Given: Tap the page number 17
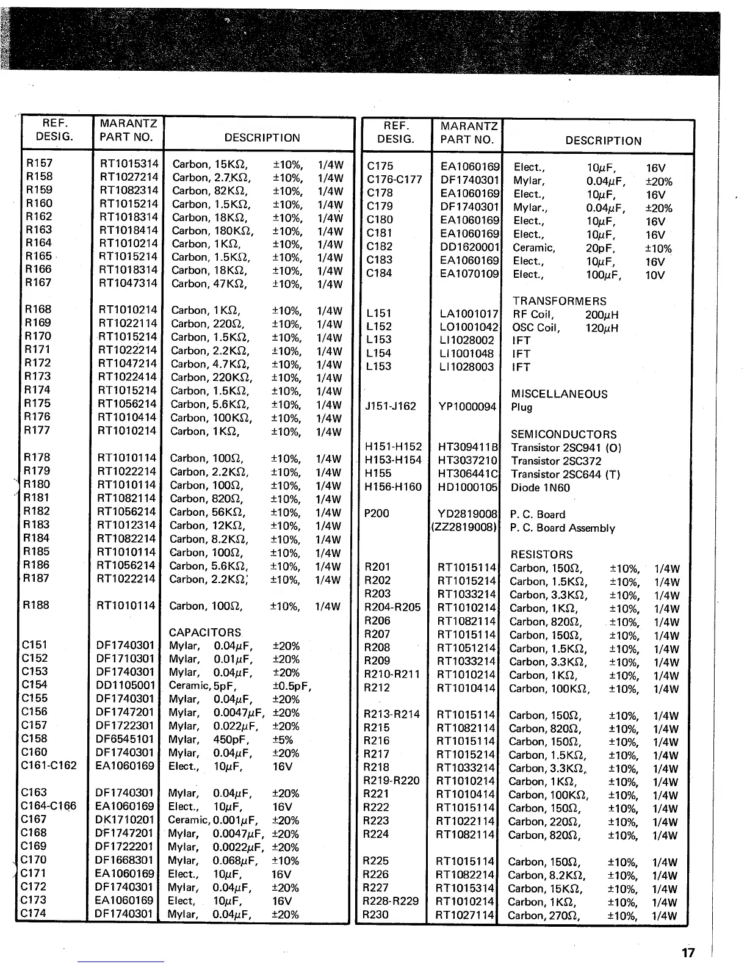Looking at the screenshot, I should (688, 953).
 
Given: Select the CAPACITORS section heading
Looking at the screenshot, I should (205, 632).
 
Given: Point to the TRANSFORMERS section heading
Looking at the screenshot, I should (560, 301).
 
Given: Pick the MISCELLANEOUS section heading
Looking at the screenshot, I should (559, 394).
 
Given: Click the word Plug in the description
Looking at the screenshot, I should (522, 407).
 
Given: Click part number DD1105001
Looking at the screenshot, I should (126, 686).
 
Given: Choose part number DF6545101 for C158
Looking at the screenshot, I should (126, 739).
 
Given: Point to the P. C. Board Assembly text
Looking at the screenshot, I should (562, 528).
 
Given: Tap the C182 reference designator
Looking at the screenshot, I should (380, 247).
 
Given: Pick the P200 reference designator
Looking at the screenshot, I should (376, 513).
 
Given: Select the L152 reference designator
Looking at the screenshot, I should (379, 327).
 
